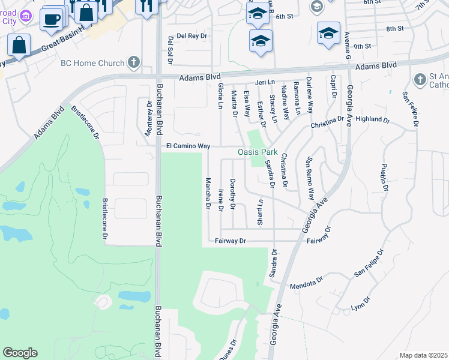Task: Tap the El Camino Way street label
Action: coord(188,146)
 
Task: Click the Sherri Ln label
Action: coord(260,210)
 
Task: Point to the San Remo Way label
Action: coord(310,178)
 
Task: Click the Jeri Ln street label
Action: coord(264,81)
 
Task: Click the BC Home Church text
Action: coord(92,63)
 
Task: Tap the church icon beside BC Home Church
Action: coord(133,62)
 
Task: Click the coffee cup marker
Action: coord(51,19)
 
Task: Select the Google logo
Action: coord(20,353)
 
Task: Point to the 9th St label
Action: coord(362,46)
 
